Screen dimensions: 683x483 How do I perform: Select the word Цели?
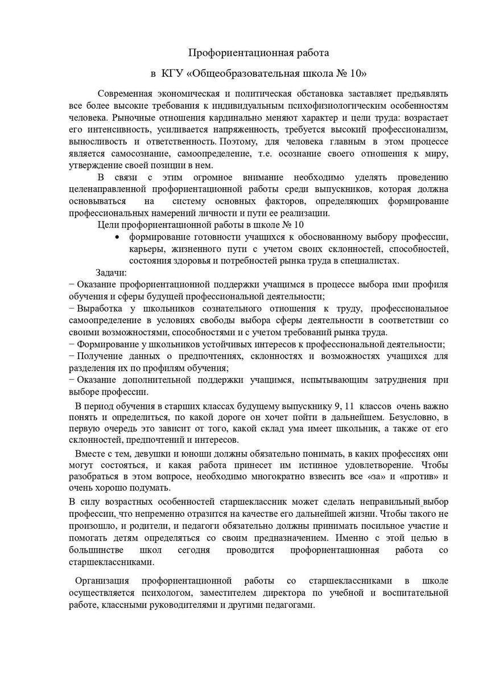108,225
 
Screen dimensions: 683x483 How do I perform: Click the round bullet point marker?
117,237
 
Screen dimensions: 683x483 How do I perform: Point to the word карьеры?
146,249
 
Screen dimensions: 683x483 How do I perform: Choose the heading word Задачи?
111,273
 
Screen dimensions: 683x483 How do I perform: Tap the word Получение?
98,356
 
